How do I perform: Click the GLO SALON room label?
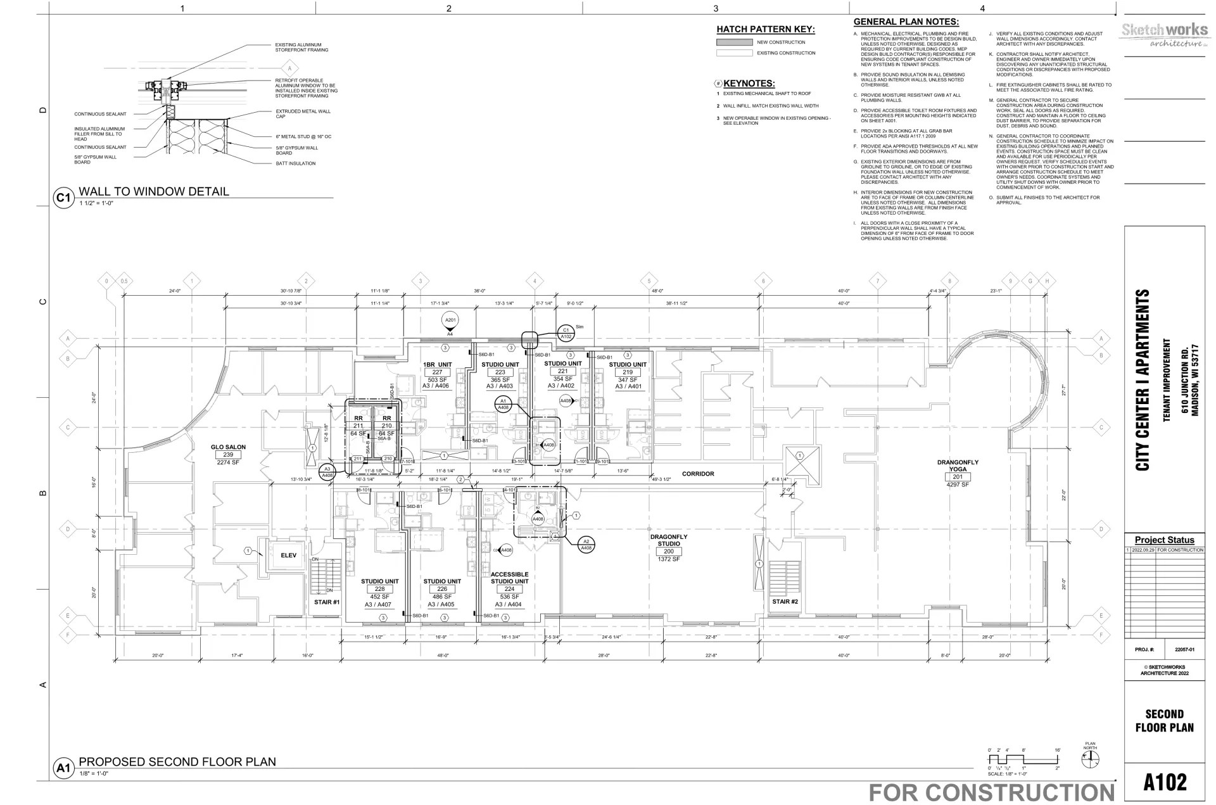click(228, 447)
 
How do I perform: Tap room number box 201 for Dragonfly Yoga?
click(958, 477)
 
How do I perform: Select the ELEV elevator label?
click(288, 555)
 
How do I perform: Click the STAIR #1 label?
click(327, 602)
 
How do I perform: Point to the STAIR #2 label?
click(785, 601)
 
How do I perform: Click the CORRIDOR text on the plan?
click(698, 474)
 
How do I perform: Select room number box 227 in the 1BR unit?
click(437, 372)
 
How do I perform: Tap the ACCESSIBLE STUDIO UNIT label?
click(509, 578)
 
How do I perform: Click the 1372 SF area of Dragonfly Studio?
click(668, 559)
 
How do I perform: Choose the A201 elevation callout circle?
click(450, 320)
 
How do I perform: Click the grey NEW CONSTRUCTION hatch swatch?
click(733, 42)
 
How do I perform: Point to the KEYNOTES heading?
click(749, 83)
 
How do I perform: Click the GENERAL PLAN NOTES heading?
click(906, 22)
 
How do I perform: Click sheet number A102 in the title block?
click(1165, 782)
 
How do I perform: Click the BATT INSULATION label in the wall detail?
click(295, 163)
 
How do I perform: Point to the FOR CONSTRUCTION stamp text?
click(991, 792)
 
